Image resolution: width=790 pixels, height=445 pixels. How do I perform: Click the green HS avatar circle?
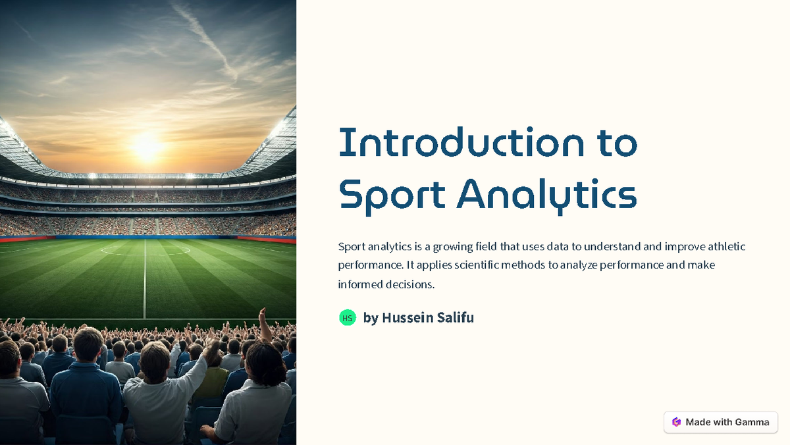[348, 318]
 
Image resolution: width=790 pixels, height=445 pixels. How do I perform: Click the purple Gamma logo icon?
[676, 422]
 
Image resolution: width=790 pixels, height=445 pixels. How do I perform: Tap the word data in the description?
[558, 247]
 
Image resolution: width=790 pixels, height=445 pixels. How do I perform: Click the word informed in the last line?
[359, 284]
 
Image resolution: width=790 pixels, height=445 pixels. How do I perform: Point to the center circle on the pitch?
[145, 250]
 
